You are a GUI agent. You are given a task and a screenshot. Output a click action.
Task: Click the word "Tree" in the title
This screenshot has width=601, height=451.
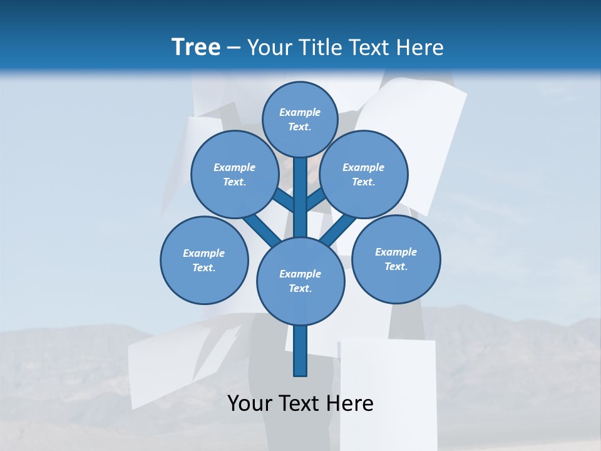click(196, 48)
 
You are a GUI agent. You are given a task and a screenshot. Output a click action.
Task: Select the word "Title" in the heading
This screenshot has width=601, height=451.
click(321, 48)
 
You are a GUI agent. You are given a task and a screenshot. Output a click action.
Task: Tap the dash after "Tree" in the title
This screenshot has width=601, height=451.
click(234, 48)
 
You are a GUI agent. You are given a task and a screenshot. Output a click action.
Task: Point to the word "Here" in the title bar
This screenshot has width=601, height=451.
click(421, 48)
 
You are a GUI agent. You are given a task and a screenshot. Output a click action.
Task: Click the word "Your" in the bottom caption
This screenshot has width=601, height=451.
click(250, 403)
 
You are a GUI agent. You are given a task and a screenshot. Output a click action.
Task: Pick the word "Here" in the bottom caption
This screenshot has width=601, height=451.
click(351, 403)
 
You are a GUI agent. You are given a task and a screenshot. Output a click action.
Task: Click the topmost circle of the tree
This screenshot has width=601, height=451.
click(300, 119)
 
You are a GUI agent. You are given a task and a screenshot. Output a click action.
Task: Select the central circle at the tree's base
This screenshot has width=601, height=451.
click(300, 281)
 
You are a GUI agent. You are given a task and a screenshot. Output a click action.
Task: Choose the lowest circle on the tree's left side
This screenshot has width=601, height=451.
click(204, 260)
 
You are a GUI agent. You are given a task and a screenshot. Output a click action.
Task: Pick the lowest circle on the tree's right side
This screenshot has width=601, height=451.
click(396, 259)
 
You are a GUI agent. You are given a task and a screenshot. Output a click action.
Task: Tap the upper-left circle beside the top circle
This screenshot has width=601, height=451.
click(235, 174)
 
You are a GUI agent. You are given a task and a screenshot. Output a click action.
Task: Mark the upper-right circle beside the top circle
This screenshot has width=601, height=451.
click(364, 174)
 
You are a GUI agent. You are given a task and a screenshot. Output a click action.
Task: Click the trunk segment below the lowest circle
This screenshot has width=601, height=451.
click(300, 351)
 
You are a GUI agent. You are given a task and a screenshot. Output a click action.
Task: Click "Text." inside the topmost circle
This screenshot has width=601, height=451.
click(300, 127)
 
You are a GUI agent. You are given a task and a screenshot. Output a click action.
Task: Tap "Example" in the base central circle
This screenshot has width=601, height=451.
click(300, 274)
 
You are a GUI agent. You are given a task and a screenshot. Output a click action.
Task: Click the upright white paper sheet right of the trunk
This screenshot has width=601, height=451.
click(387, 388)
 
